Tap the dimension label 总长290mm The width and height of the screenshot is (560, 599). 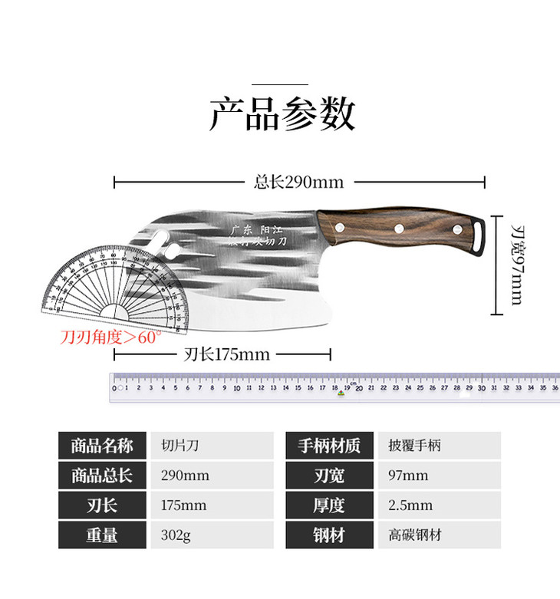(298, 183)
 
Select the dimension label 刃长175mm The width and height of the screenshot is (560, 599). (227, 354)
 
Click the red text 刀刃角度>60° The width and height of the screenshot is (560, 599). (111, 337)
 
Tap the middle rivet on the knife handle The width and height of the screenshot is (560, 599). (400, 227)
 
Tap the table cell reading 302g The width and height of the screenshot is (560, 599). (175, 535)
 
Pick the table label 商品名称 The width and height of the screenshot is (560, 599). (102, 446)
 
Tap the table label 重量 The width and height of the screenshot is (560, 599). (102, 535)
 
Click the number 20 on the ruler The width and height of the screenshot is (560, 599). (358, 389)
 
